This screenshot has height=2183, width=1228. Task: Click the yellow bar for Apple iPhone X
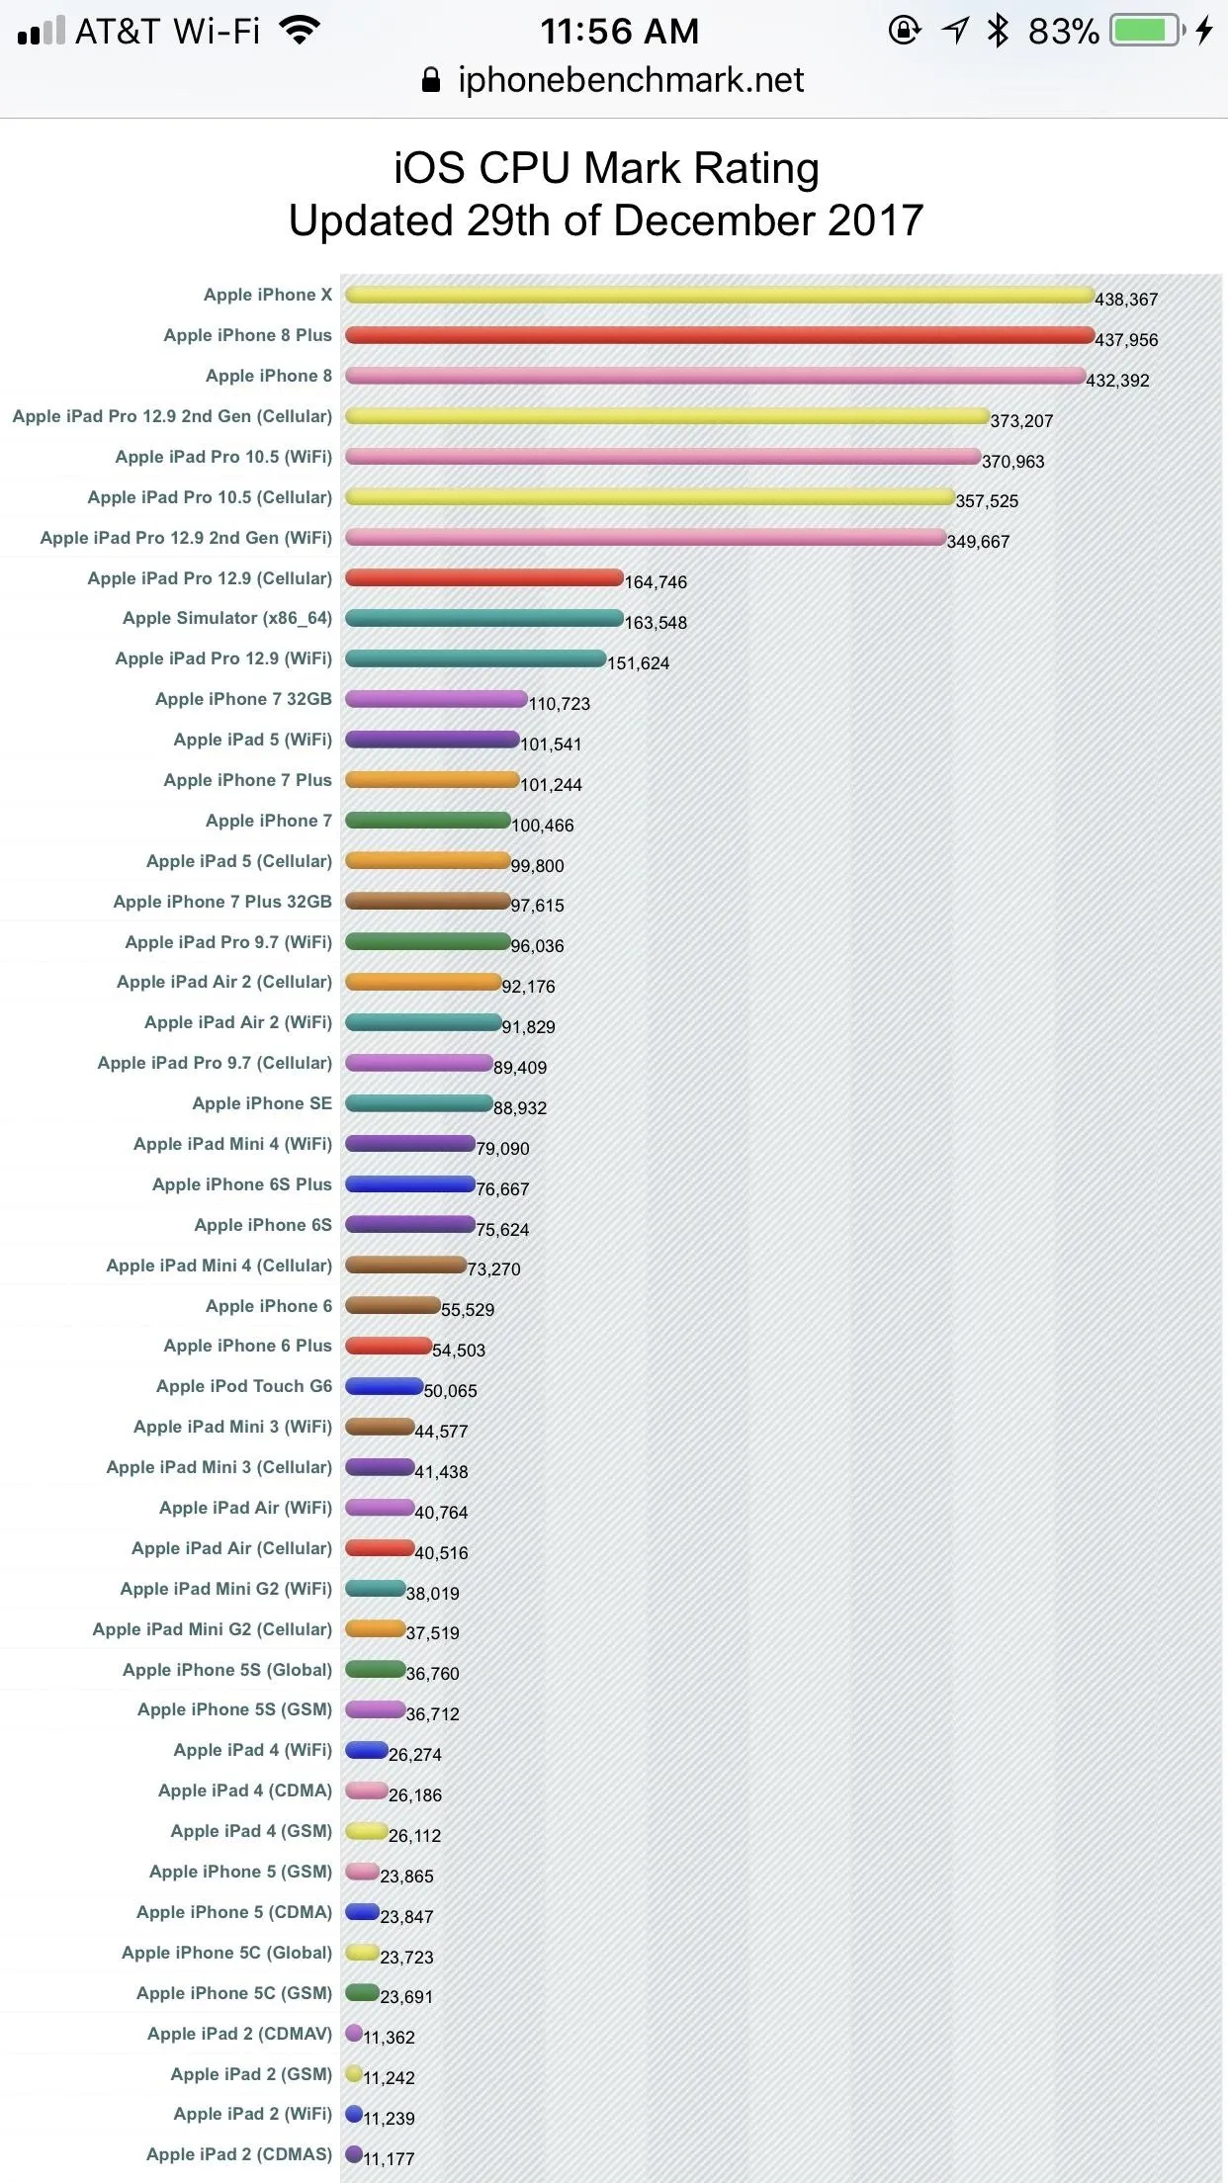pyautogui.click(x=720, y=295)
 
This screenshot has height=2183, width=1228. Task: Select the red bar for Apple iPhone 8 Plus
pyautogui.click(x=720, y=335)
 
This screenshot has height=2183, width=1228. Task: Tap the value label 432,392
pyautogui.click(x=1117, y=381)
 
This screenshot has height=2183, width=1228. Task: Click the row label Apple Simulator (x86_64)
pyautogui.click(x=227, y=619)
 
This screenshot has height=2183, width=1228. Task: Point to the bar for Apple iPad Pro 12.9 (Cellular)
pyautogui.click(x=484, y=577)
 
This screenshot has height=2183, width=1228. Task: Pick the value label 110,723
pyautogui.click(x=560, y=704)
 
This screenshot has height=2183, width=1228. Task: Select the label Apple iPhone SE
pyautogui.click(x=262, y=1103)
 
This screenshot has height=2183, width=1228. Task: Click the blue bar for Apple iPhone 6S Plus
pyautogui.click(x=410, y=1184)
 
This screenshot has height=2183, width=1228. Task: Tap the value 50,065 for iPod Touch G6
pyautogui.click(x=451, y=1391)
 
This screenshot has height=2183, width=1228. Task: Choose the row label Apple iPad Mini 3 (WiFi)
pyautogui.click(x=233, y=1427)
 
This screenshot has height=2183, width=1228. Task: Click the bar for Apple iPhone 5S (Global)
pyautogui.click(x=376, y=1670)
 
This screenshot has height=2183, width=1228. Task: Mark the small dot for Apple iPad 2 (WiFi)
pyautogui.click(x=354, y=2114)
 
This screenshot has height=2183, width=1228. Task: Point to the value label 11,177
pyautogui.click(x=389, y=2159)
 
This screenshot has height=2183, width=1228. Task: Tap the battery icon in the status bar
pyautogui.click(x=1148, y=31)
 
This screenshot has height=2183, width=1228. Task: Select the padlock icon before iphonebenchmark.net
pyautogui.click(x=431, y=80)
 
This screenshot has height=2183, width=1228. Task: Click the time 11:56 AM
pyautogui.click(x=620, y=32)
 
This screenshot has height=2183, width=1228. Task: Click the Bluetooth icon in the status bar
pyautogui.click(x=999, y=31)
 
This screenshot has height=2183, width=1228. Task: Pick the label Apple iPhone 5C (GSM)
pyautogui.click(x=234, y=1993)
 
